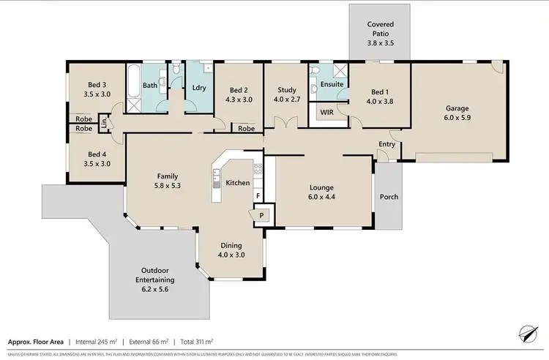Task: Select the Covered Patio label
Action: [381, 29]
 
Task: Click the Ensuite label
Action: [332, 85]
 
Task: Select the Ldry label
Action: [198, 88]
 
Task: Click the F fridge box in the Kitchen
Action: [257, 196]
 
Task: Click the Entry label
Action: [386, 144]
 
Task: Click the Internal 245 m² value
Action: [95, 341]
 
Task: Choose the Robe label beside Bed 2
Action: [247, 128]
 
